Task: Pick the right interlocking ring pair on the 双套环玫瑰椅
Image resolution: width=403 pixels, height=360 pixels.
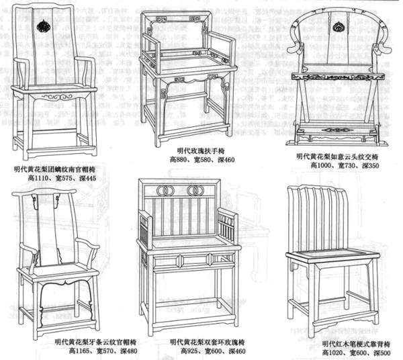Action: [195, 191]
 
